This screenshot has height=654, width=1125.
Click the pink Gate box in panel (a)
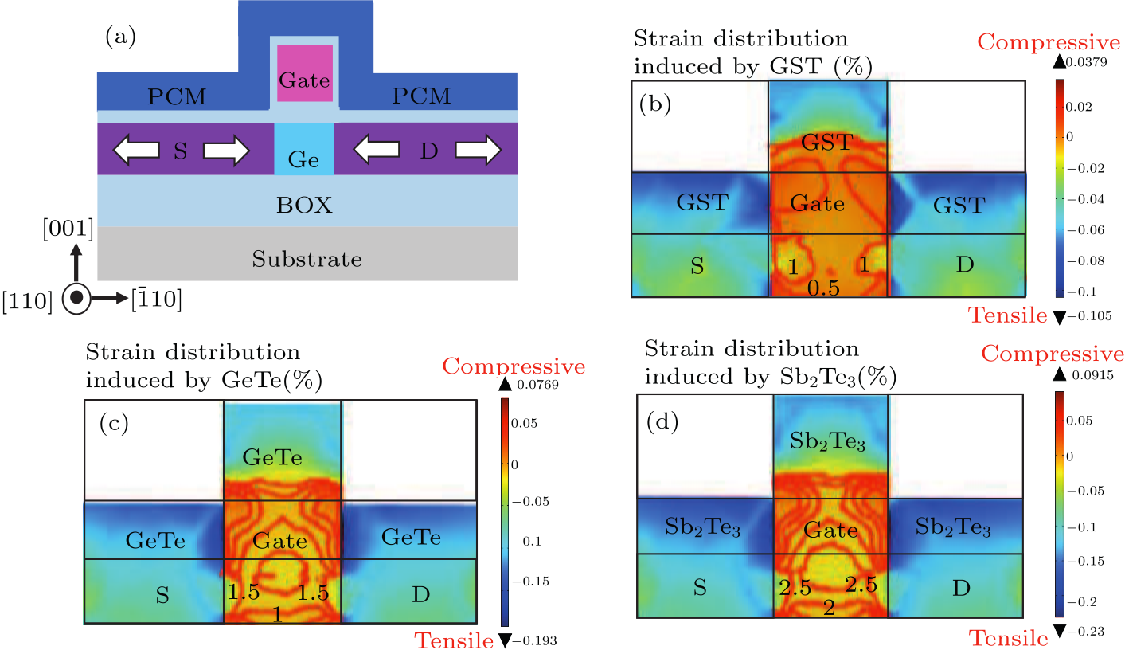pos(304,73)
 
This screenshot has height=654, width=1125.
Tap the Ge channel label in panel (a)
pos(304,160)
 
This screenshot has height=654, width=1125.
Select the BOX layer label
pos(304,206)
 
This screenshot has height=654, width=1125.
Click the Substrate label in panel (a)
pos(307,259)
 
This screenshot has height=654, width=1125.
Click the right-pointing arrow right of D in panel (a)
pos(479,150)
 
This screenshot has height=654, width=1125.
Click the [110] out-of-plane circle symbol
pos(76,298)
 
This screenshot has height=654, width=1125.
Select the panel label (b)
pos(656,105)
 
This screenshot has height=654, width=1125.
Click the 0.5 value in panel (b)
pos(823,288)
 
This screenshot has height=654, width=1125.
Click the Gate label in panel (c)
pos(279,542)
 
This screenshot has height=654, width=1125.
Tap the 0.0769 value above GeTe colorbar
pos(539,385)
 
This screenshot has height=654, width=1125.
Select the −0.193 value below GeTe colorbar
pos(539,640)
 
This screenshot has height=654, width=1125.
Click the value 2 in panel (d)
pos(829,608)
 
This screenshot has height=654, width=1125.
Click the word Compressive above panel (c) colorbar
pos(514,366)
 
